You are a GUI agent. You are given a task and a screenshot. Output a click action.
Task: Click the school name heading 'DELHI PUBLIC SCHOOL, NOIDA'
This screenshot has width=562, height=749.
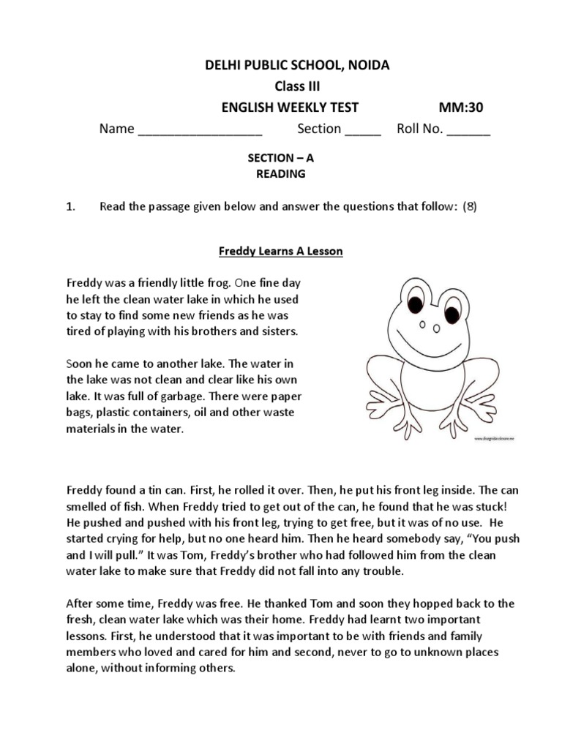(x=296, y=66)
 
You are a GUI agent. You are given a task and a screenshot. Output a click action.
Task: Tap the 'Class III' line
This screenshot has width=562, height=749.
(x=296, y=86)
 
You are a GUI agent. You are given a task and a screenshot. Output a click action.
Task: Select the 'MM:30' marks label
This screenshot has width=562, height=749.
(x=461, y=108)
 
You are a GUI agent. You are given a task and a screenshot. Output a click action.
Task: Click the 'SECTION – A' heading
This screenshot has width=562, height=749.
(x=281, y=158)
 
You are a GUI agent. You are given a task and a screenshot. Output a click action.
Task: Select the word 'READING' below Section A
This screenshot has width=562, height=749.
(x=281, y=174)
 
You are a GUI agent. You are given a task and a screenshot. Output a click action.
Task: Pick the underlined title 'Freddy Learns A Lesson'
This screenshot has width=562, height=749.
(x=281, y=251)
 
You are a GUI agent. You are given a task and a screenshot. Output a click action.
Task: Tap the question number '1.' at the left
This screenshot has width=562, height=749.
(x=71, y=206)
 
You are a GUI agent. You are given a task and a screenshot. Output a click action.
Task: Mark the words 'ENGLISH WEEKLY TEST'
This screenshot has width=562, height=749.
(x=290, y=108)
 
